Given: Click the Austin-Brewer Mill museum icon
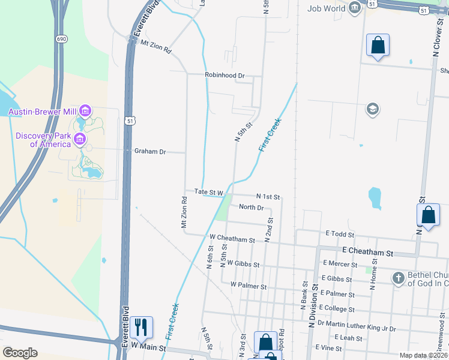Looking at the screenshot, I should (x=85, y=111).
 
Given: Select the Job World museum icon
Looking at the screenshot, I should (x=354, y=8).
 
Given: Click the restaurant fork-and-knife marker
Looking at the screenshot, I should (x=141, y=327).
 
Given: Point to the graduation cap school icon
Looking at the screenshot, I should (x=372, y=109).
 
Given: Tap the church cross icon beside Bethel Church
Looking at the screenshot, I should (x=398, y=278).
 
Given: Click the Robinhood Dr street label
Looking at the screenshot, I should (x=224, y=76).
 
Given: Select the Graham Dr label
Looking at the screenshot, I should (x=149, y=152).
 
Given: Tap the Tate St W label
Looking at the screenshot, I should (x=209, y=193).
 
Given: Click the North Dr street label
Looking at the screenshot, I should (x=251, y=208).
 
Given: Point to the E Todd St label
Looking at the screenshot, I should (x=340, y=234).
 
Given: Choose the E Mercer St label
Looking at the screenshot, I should (x=340, y=264).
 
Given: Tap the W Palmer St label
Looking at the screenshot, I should (x=248, y=287).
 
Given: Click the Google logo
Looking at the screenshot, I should (x=20, y=352).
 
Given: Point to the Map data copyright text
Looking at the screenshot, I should (x=422, y=355).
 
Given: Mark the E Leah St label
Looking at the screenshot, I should (x=344, y=338).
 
